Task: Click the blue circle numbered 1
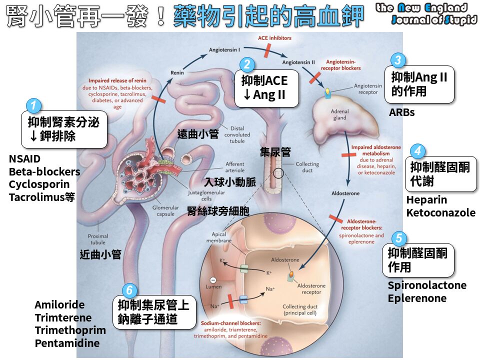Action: (33, 105)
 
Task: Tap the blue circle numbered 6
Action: (129, 290)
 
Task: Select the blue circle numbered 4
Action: (417, 150)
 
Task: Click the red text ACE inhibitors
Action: (274, 38)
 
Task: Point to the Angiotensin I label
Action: (224, 49)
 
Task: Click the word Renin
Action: (177, 72)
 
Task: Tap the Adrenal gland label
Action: (340, 114)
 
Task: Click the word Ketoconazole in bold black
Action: (441, 212)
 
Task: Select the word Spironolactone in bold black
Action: (427, 285)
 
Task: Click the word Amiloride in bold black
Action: (59, 304)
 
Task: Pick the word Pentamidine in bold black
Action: (67, 343)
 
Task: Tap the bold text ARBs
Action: (401, 112)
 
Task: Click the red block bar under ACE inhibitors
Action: (267, 50)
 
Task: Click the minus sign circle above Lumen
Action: (213, 280)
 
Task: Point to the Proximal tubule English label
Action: (97, 239)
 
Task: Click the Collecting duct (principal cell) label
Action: (299, 309)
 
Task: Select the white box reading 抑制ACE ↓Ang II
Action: (266, 88)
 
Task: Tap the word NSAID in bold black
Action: (24, 159)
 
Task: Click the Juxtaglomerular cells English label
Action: (206, 195)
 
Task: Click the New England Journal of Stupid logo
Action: (426, 13)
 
